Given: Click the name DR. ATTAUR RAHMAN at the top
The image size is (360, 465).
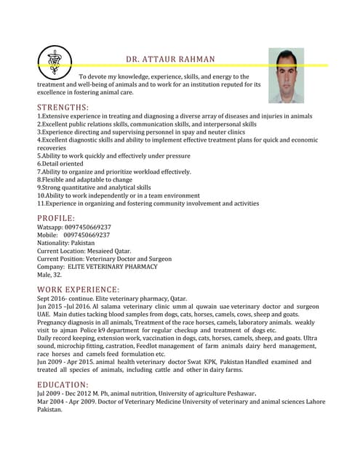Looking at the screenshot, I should point(170,59).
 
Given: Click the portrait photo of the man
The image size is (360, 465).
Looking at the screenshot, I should point(286,76).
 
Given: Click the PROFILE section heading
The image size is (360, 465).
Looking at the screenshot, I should point(56,218).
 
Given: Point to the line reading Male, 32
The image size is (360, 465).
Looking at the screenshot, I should point(49,275).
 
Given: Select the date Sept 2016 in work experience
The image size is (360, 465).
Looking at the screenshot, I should point(52,299).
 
